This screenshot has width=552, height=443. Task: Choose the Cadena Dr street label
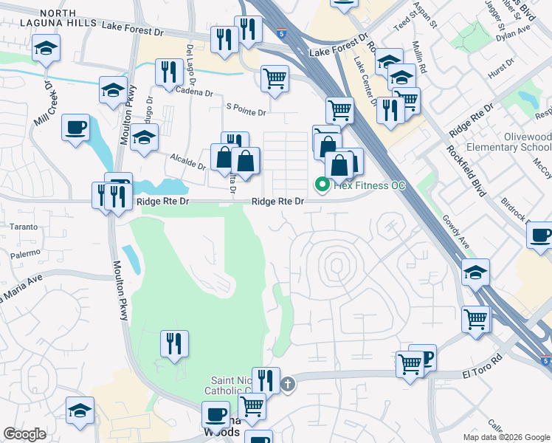pos(195,93)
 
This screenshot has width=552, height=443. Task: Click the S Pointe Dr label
pos(246,111)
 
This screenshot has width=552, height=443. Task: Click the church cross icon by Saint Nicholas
pos(288,384)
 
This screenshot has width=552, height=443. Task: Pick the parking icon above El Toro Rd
pos(424,357)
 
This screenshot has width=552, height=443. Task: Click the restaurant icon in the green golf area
pos(174,343)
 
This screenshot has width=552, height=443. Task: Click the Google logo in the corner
pos(25,434)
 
